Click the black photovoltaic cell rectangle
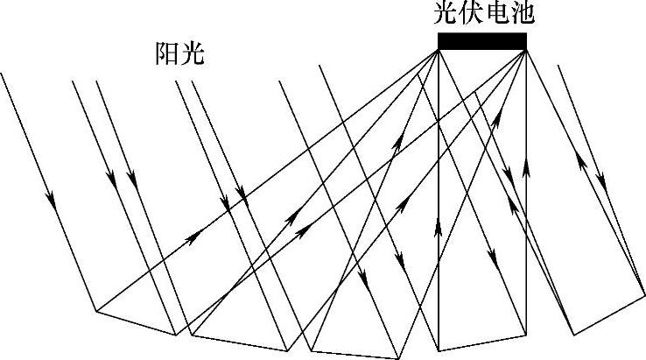tap(482, 41)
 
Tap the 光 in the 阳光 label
tap(191, 54)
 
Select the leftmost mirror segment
tap(137, 322)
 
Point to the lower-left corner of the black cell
tap(439, 50)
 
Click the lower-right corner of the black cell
tap(526, 50)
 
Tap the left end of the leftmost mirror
tap(95, 310)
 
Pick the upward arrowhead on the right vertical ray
tap(526, 166)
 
